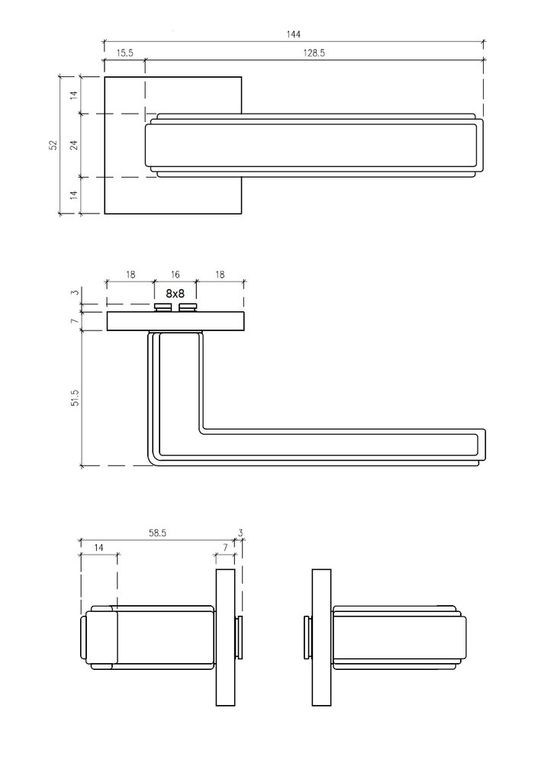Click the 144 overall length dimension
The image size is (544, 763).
coord(294,34)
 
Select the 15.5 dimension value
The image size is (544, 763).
coord(125,53)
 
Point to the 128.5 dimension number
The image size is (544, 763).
coord(314,53)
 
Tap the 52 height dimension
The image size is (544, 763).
coord(53,145)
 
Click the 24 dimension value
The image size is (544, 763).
coord(73,145)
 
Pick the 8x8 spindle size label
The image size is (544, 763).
coord(175,294)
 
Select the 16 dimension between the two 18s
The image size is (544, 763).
coord(175,275)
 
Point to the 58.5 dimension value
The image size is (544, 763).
coord(158,533)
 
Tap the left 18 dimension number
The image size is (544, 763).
coord(130,275)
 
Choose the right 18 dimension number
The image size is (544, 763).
coord(220,275)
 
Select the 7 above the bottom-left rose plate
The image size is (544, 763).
coord(225,547)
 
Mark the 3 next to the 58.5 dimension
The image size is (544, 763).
coord(240,533)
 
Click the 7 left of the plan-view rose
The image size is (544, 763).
coord(75,322)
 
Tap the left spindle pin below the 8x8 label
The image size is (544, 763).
coord(163,307)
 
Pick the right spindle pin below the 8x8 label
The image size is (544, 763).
coord(188,307)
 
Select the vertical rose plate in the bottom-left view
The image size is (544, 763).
coord(225,637)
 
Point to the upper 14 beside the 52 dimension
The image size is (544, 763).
coord(73,95)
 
